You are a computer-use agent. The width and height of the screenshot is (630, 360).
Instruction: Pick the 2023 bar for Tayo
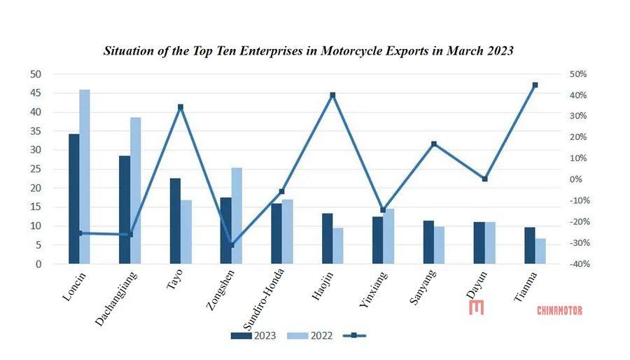175,221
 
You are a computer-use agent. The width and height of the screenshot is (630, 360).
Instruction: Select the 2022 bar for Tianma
540,251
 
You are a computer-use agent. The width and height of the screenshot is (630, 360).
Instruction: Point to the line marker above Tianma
535,85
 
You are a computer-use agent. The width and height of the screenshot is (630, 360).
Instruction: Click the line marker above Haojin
332,95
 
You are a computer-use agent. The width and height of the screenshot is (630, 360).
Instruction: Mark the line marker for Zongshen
232,244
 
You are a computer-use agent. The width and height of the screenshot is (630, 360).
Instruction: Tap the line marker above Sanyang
434,144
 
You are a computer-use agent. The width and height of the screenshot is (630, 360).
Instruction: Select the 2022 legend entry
311,335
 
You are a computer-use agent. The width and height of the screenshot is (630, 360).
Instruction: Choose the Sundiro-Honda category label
263,298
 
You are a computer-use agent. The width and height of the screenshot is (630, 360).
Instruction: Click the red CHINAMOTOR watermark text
559,310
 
